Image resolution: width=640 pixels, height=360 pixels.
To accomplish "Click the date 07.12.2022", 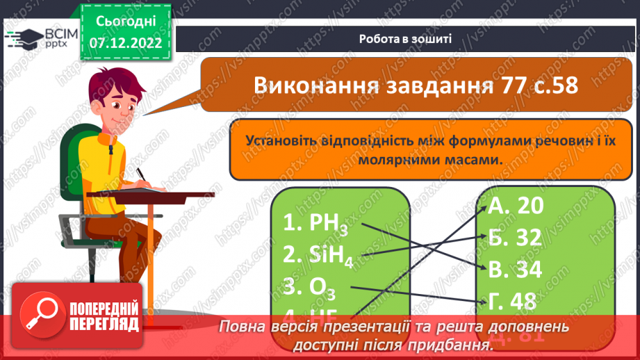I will (125, 42).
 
